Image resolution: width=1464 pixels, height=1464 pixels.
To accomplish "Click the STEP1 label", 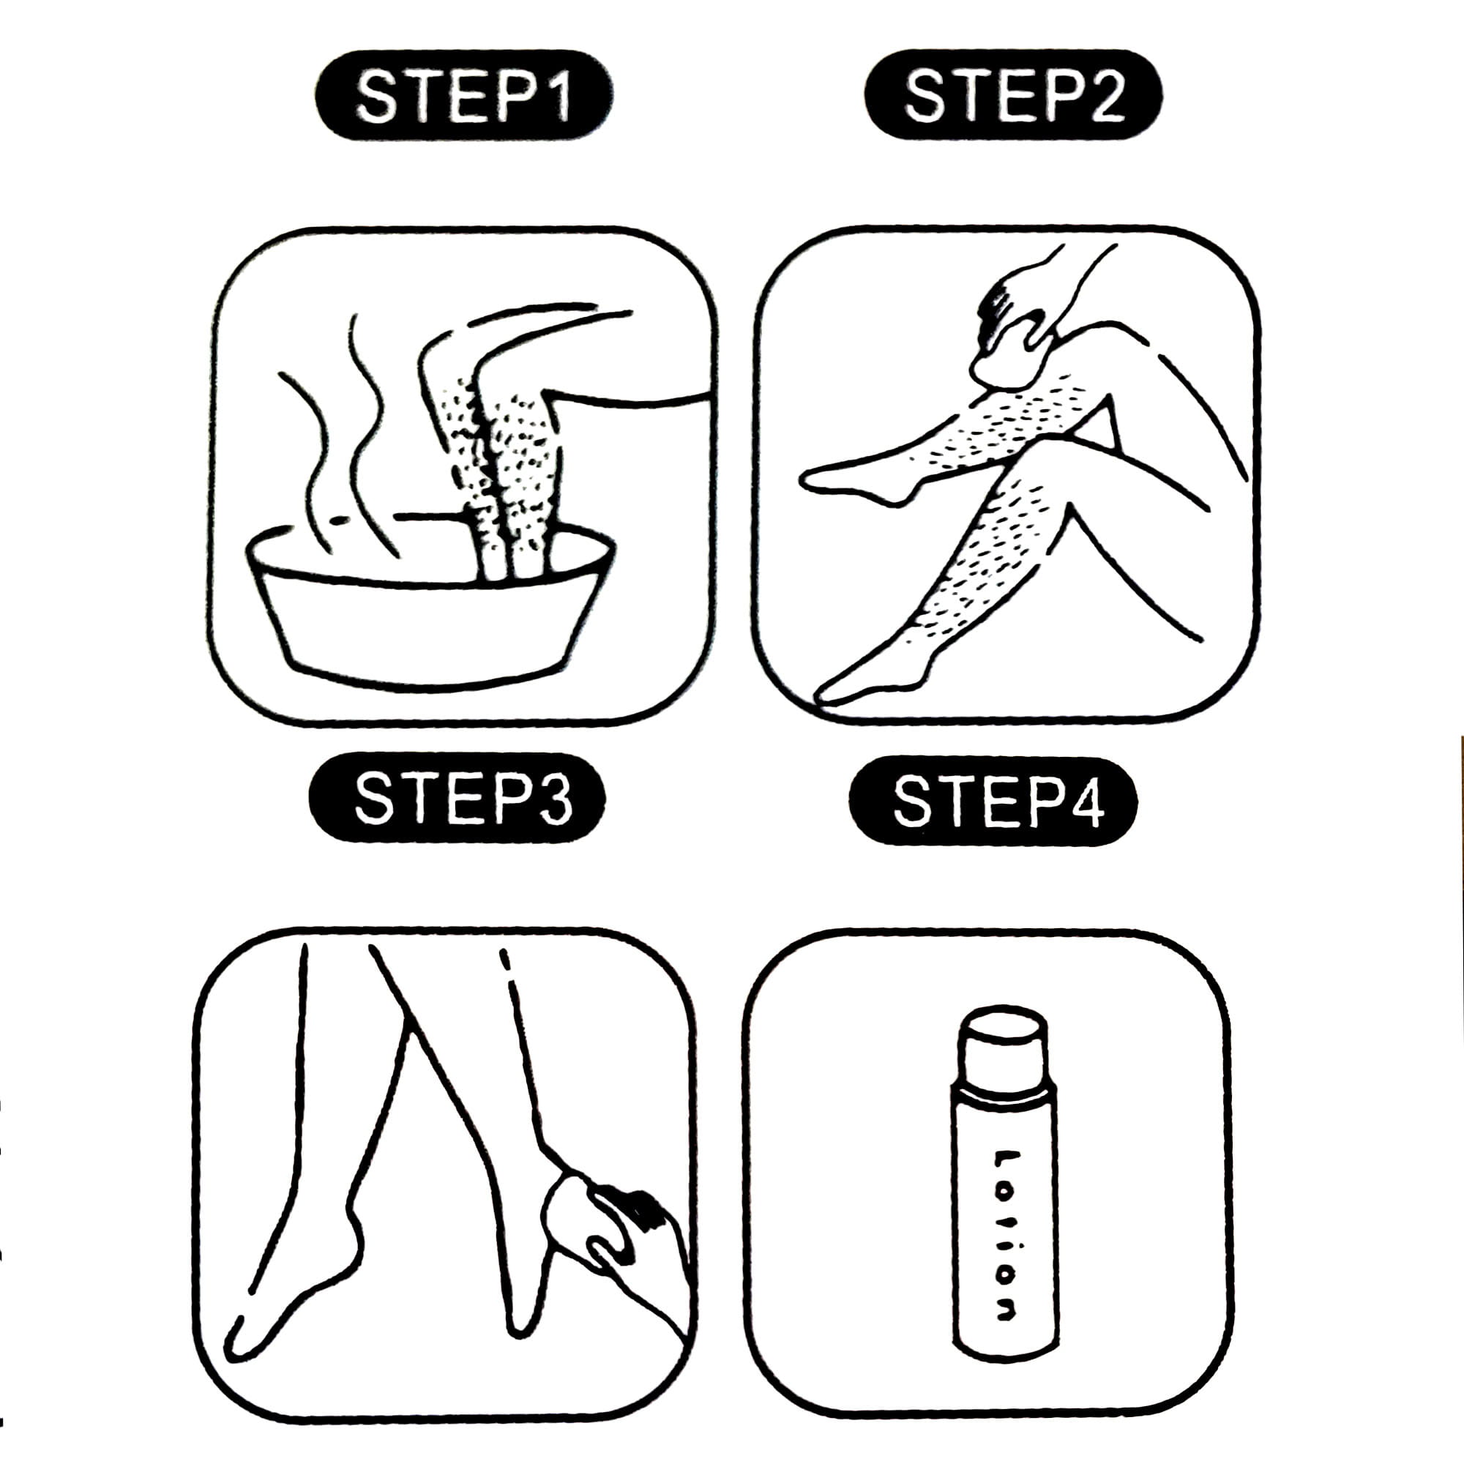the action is tap(464, 96).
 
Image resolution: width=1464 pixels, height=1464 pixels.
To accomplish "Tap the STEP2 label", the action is tap(1013, 94).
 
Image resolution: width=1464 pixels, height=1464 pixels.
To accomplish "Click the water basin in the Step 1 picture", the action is tap(430, 606).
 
